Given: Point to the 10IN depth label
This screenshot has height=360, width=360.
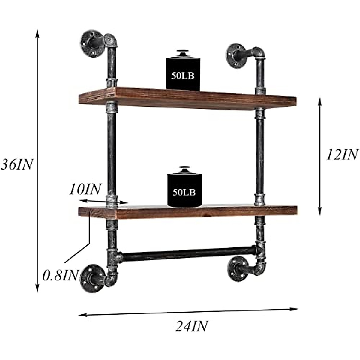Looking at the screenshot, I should pyautogui.click(x=85, y=189).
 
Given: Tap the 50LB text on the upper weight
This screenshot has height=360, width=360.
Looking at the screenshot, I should pyautogui.click(x=183, y=76).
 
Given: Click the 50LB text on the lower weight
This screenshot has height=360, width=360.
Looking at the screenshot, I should pyautogui.click(x=184, y=192).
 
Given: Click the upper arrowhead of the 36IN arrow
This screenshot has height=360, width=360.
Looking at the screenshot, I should pyautogui.click(x=37, y=32).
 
